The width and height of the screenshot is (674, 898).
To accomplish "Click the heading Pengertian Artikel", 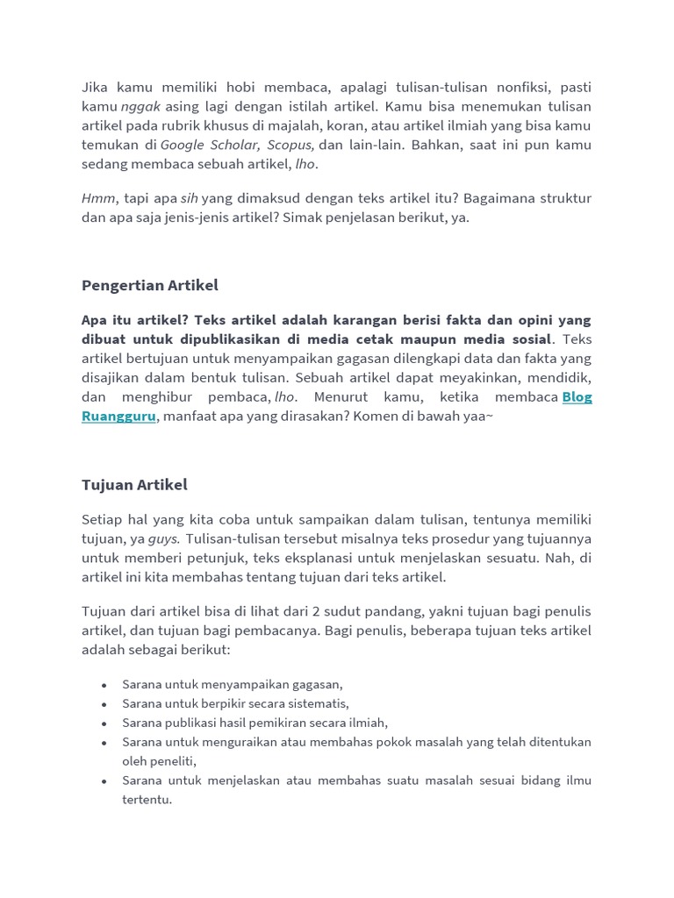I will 149,285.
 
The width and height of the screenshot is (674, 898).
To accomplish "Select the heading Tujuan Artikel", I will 134,485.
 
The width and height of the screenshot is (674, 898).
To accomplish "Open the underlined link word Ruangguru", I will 119,416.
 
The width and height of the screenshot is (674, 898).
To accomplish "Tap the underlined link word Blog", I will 577,396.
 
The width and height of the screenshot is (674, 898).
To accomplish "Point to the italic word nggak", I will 140,106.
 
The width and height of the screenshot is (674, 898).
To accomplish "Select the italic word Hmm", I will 98,199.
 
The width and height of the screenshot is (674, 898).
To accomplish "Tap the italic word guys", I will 163,538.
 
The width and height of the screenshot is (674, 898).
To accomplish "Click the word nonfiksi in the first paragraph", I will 501,87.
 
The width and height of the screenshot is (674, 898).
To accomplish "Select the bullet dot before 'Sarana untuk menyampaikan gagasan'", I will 104,685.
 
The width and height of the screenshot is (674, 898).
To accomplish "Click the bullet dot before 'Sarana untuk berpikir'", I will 104,704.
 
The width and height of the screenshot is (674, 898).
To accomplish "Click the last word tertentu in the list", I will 147,800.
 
